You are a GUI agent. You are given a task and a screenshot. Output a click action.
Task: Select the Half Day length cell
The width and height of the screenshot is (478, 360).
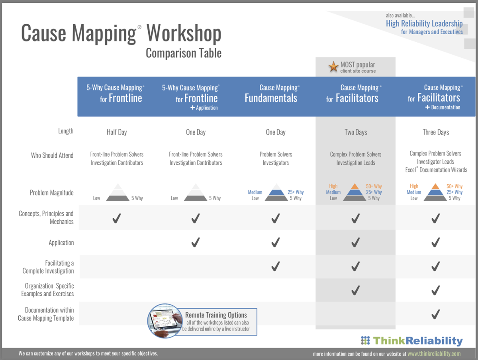pyautogui.click(x=117, y=132)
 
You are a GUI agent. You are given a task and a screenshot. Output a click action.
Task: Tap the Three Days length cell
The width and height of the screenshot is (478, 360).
pyautogui.click(x=435, y=132)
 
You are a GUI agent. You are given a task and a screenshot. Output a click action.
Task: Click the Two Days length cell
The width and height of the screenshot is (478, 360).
pyautogui.click(x=355, y=132)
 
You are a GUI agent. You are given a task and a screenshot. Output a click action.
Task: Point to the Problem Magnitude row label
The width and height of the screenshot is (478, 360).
pyautogui.click(x=51, y=193)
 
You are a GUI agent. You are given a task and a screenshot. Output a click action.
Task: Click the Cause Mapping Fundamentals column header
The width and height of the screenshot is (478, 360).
pyautogui.click(x=271, y=94)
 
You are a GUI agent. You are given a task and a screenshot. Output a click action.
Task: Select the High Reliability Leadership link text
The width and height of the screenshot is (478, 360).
pyautogui.click(x=424, y=23)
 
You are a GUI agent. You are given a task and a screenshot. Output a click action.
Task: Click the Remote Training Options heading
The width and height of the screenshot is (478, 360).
pyautogui.click(x=216, y=315)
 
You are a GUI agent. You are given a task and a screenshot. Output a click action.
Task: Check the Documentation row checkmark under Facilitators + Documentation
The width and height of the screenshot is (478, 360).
pyautogui.click(x=435, y=314)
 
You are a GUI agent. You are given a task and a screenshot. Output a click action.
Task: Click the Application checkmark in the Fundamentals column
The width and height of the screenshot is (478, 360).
pyautogui.click(x=275, y=242)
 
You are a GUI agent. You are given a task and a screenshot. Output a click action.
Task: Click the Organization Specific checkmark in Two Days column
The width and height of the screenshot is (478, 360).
pyautogui.click(x=355, y=290)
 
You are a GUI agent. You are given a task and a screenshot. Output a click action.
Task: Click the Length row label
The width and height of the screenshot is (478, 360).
pyautogui.click(x=66, y=131)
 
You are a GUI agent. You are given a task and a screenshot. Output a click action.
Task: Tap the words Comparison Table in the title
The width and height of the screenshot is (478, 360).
pyautogui.click(x=183, y=53)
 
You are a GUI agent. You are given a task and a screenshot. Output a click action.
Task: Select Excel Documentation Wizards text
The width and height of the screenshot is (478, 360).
pyautogui.click(x=436, y=170)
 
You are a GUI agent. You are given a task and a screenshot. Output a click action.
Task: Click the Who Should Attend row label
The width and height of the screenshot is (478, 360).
pyautogui.click(x=52, y=155)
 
